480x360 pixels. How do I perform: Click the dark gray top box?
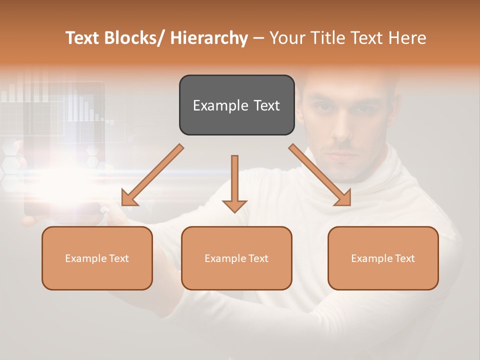(x=236, y=105)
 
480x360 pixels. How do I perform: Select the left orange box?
(x=97, y=258)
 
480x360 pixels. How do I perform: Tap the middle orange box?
(x=236, y=258)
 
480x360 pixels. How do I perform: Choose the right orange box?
(x=383, y=258)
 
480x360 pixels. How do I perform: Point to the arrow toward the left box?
(x=152, y=175)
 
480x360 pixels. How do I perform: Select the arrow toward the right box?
(x=320, y=175)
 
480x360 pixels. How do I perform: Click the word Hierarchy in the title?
(x=209, y=38)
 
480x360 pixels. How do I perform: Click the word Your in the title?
(x=286, y=38)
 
